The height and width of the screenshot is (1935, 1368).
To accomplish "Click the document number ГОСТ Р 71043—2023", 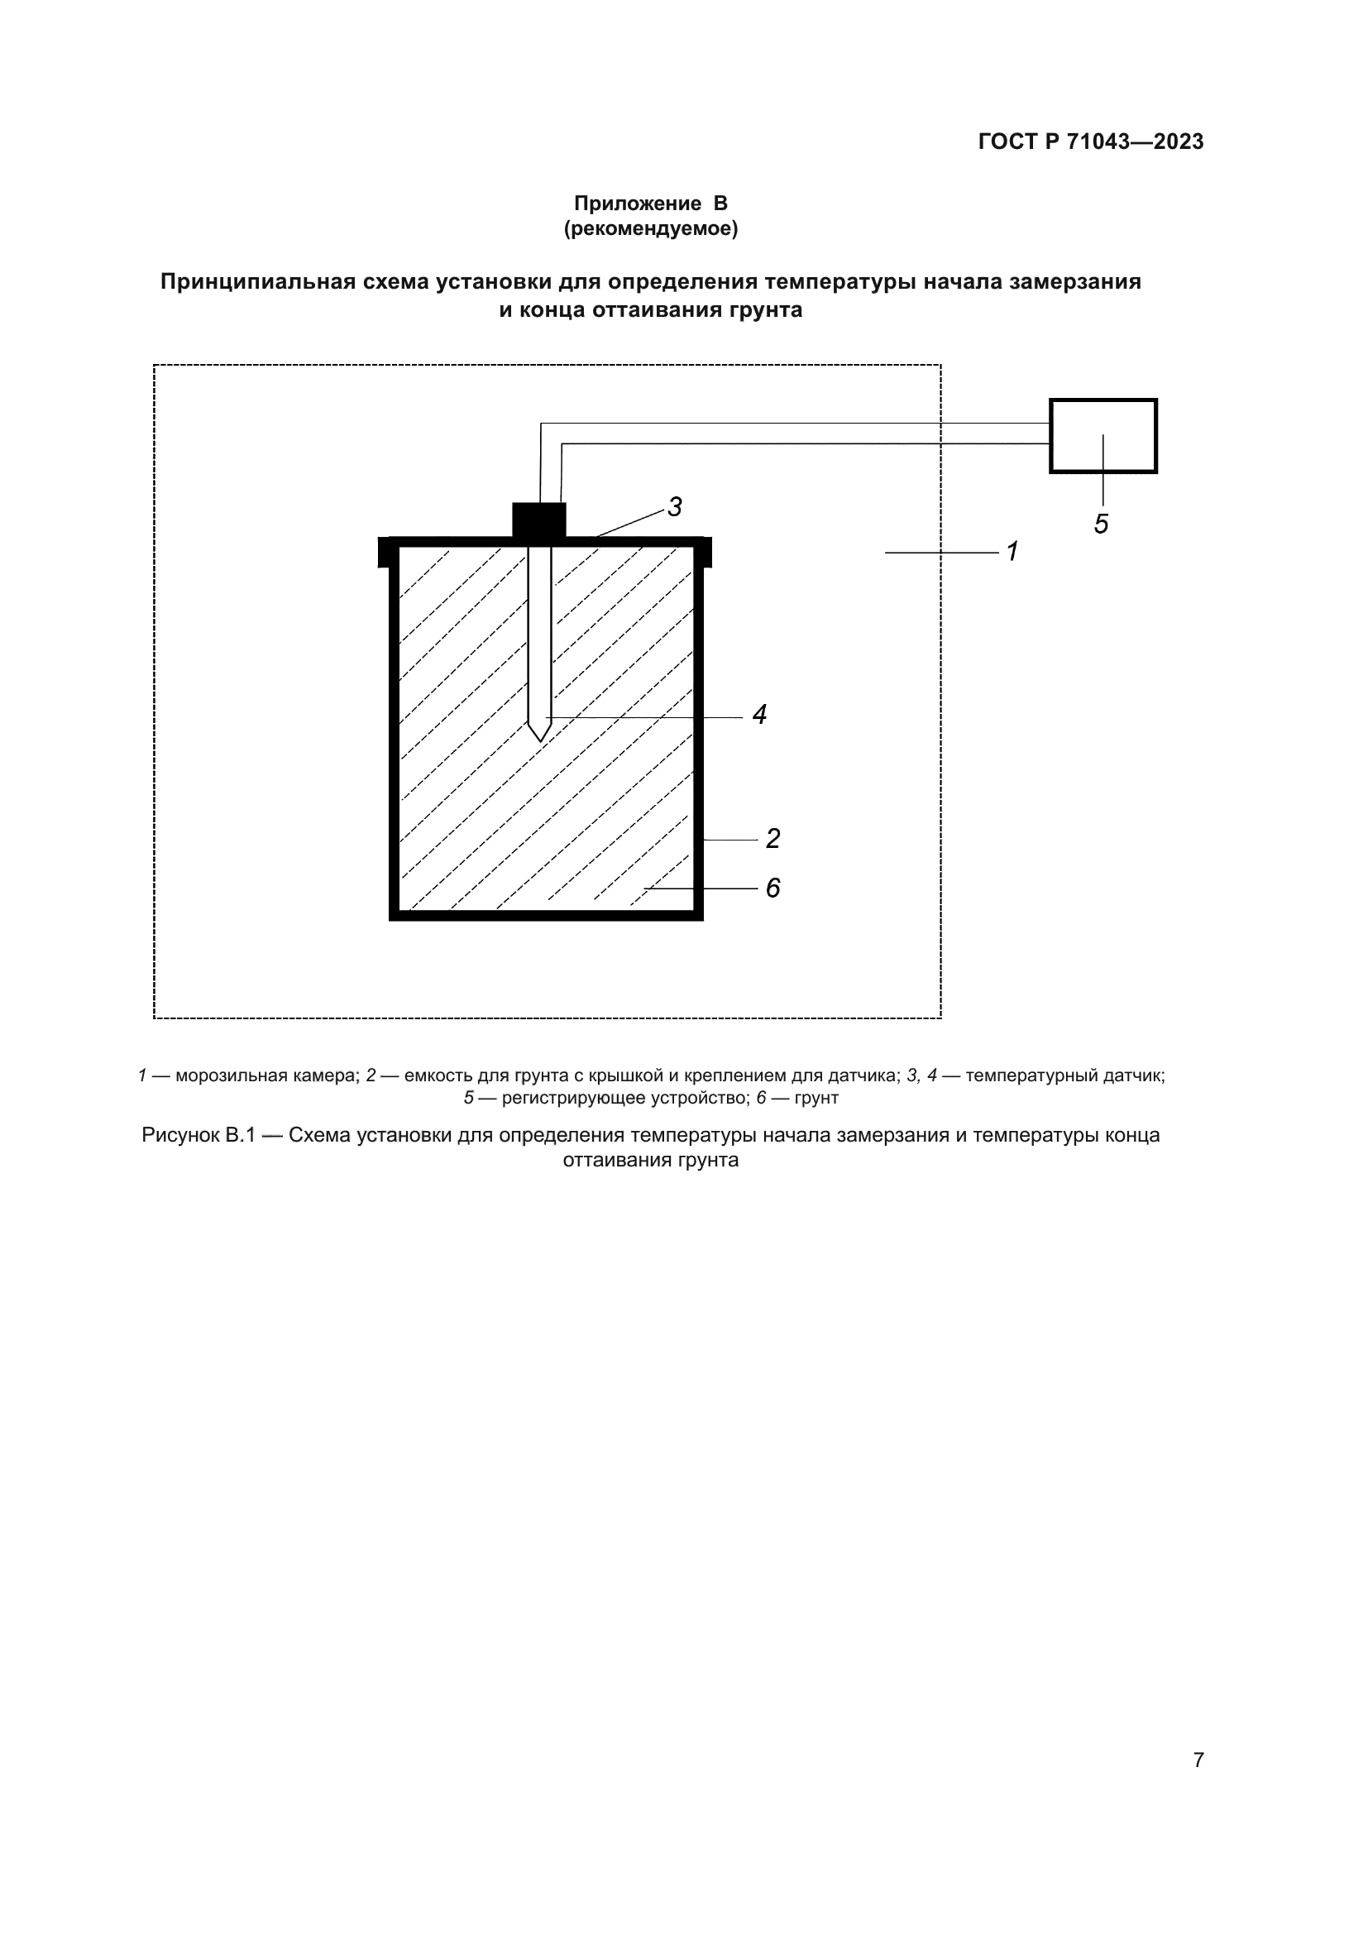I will point(1090,141).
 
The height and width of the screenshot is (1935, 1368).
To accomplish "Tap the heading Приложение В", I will point(650,204).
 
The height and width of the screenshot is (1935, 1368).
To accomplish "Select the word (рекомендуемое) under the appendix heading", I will point(650,228).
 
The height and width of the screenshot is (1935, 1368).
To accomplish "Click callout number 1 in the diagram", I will point(1012,551).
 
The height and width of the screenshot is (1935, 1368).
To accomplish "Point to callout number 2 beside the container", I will point(772,838).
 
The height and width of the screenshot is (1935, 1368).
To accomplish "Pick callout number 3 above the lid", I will point(675,506).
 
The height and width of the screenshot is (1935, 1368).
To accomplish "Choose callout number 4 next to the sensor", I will point(759,715).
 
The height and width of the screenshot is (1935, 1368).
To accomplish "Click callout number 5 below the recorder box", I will point(1101,524).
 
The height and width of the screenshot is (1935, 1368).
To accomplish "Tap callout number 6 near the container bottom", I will point(772,888).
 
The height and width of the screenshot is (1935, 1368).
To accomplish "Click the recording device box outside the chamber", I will point(1103,436).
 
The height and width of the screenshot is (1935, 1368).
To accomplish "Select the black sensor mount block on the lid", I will point(539,520).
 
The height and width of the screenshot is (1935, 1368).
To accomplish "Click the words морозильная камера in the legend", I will point(267,1075).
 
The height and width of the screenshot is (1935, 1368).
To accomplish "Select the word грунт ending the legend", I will point(816,1098).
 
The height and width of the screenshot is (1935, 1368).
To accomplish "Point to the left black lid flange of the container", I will point(384,552).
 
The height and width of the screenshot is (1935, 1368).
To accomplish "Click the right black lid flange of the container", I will point(706,552).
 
